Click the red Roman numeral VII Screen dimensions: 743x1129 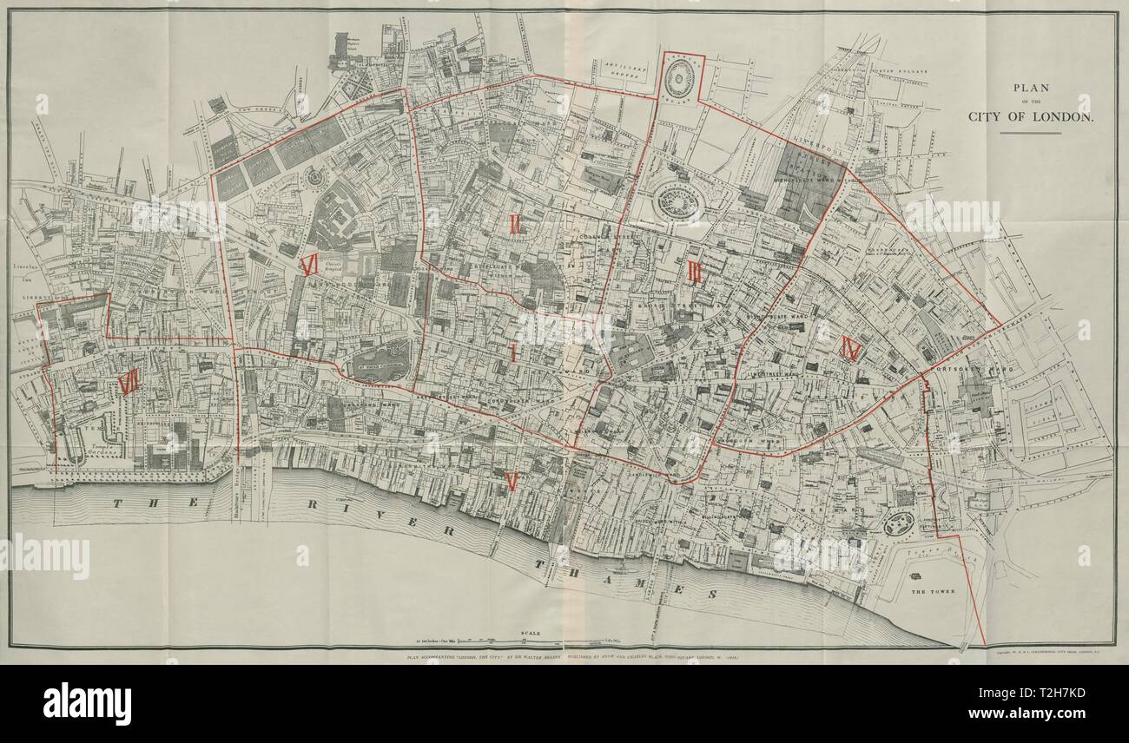point(129,382)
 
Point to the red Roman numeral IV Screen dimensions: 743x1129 point(851,349)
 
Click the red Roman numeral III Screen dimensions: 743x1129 point(694,273)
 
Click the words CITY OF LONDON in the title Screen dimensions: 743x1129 point(1030,116)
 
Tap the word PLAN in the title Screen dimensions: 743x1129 point(1030,87)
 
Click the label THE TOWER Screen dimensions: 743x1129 point(932,591)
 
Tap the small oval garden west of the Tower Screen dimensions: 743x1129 point(898,523)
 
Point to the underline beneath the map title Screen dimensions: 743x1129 point(1029,133)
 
